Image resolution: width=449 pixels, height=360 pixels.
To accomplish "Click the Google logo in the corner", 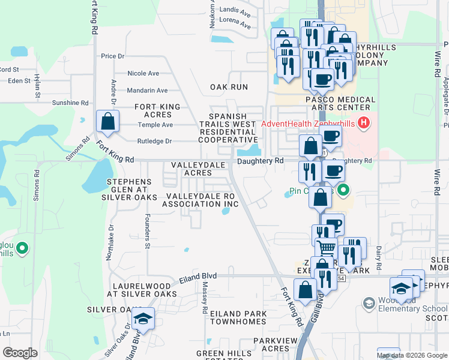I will (20, 352).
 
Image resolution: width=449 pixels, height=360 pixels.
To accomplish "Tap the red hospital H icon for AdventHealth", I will (363, 124).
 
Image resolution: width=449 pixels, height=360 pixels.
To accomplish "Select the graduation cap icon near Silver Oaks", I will (143, 319).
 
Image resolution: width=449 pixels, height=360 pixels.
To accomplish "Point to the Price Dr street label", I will (112, 56).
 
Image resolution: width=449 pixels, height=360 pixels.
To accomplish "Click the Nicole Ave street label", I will (143, 73).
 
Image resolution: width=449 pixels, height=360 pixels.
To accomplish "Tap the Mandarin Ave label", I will (147, 91).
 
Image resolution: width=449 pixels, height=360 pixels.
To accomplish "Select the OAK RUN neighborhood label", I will (229, 87).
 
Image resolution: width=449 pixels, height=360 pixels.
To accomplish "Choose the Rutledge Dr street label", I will (155, 142).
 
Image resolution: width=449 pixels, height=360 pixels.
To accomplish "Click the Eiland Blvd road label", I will (197, 278).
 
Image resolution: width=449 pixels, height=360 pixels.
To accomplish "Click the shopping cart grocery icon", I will (327, 247).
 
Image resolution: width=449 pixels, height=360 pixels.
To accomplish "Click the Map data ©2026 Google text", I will (412, 355).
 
